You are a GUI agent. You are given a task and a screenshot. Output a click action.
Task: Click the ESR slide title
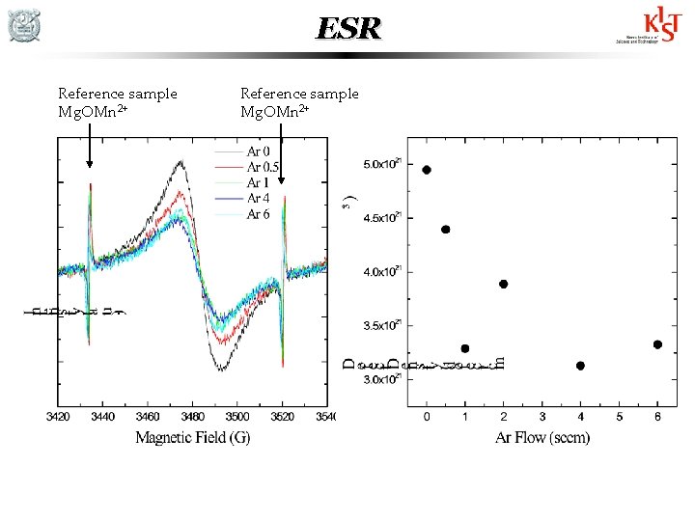347,29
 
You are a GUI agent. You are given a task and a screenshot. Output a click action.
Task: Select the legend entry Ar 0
257,151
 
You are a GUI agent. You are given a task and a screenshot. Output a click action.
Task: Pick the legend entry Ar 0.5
262,167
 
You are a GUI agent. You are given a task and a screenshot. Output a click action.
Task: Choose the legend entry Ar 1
257,182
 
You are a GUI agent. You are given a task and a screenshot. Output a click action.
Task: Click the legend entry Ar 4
257,198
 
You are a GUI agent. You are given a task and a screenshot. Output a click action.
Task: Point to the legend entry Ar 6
257,213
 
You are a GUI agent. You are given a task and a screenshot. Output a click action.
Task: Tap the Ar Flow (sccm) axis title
542,438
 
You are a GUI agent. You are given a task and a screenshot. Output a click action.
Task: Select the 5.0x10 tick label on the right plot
381,164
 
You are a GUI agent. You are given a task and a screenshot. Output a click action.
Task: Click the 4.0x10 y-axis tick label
381,272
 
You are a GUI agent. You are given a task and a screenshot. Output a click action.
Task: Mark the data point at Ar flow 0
427,170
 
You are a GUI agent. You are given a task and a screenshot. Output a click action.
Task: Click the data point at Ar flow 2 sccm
503,284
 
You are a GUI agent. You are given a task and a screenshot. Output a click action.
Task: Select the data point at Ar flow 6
657,344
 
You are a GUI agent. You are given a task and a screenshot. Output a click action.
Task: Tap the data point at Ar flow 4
580,366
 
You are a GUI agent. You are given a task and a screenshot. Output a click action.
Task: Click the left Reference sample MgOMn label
117,102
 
